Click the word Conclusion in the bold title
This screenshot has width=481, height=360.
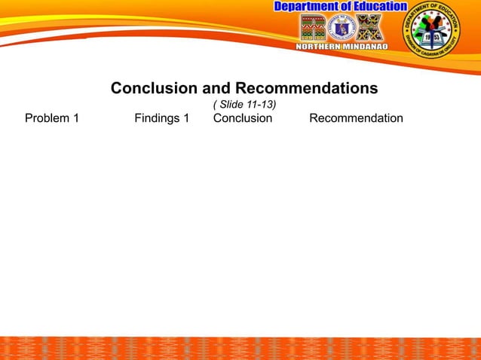pos(155,88)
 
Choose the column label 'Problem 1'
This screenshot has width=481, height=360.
pos(52,118)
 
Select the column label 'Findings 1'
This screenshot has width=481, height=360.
pos(161,118)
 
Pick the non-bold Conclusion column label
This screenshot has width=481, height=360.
pos(243,118)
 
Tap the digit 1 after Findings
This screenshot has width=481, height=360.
pos(185,118)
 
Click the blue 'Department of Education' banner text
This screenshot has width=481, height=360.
pos(340,7)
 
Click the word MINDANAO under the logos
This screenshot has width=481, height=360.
pos(369,45)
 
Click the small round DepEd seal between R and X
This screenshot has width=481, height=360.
pos(342,28)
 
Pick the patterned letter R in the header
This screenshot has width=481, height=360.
pos(313,27)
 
